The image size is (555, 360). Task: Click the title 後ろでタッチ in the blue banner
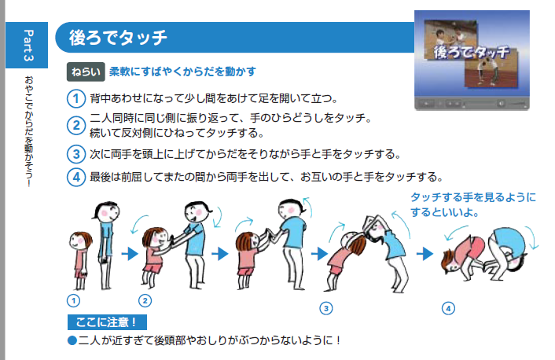click(118, 38)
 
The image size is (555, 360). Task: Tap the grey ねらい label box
click(86, 72)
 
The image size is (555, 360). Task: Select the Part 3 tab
click(27, 45)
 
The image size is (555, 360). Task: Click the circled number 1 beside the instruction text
click(76, 98)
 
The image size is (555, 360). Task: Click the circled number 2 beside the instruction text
click(76, 125)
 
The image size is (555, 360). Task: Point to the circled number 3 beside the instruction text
click(76, 154)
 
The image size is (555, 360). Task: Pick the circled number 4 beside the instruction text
click(76, 177)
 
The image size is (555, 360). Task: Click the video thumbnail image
click(472, 61)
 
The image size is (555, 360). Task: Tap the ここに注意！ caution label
click(107, 322)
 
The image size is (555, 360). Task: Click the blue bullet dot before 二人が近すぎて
click(72, 340)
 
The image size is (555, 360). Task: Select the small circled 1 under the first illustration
click(74, 301)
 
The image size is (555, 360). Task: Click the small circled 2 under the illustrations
click(145, 301)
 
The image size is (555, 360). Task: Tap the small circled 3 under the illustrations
click(326, 308)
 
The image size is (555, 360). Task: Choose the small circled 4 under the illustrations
click(448, 308)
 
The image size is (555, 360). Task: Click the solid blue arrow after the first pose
click(130, 253)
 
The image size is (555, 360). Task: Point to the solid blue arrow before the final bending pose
click(425, 253)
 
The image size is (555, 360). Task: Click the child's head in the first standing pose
click(80, 241)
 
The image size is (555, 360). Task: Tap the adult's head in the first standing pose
click(107, 211)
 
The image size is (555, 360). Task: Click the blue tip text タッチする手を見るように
click(473, 197)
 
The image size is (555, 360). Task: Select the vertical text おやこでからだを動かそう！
click(28, 131)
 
